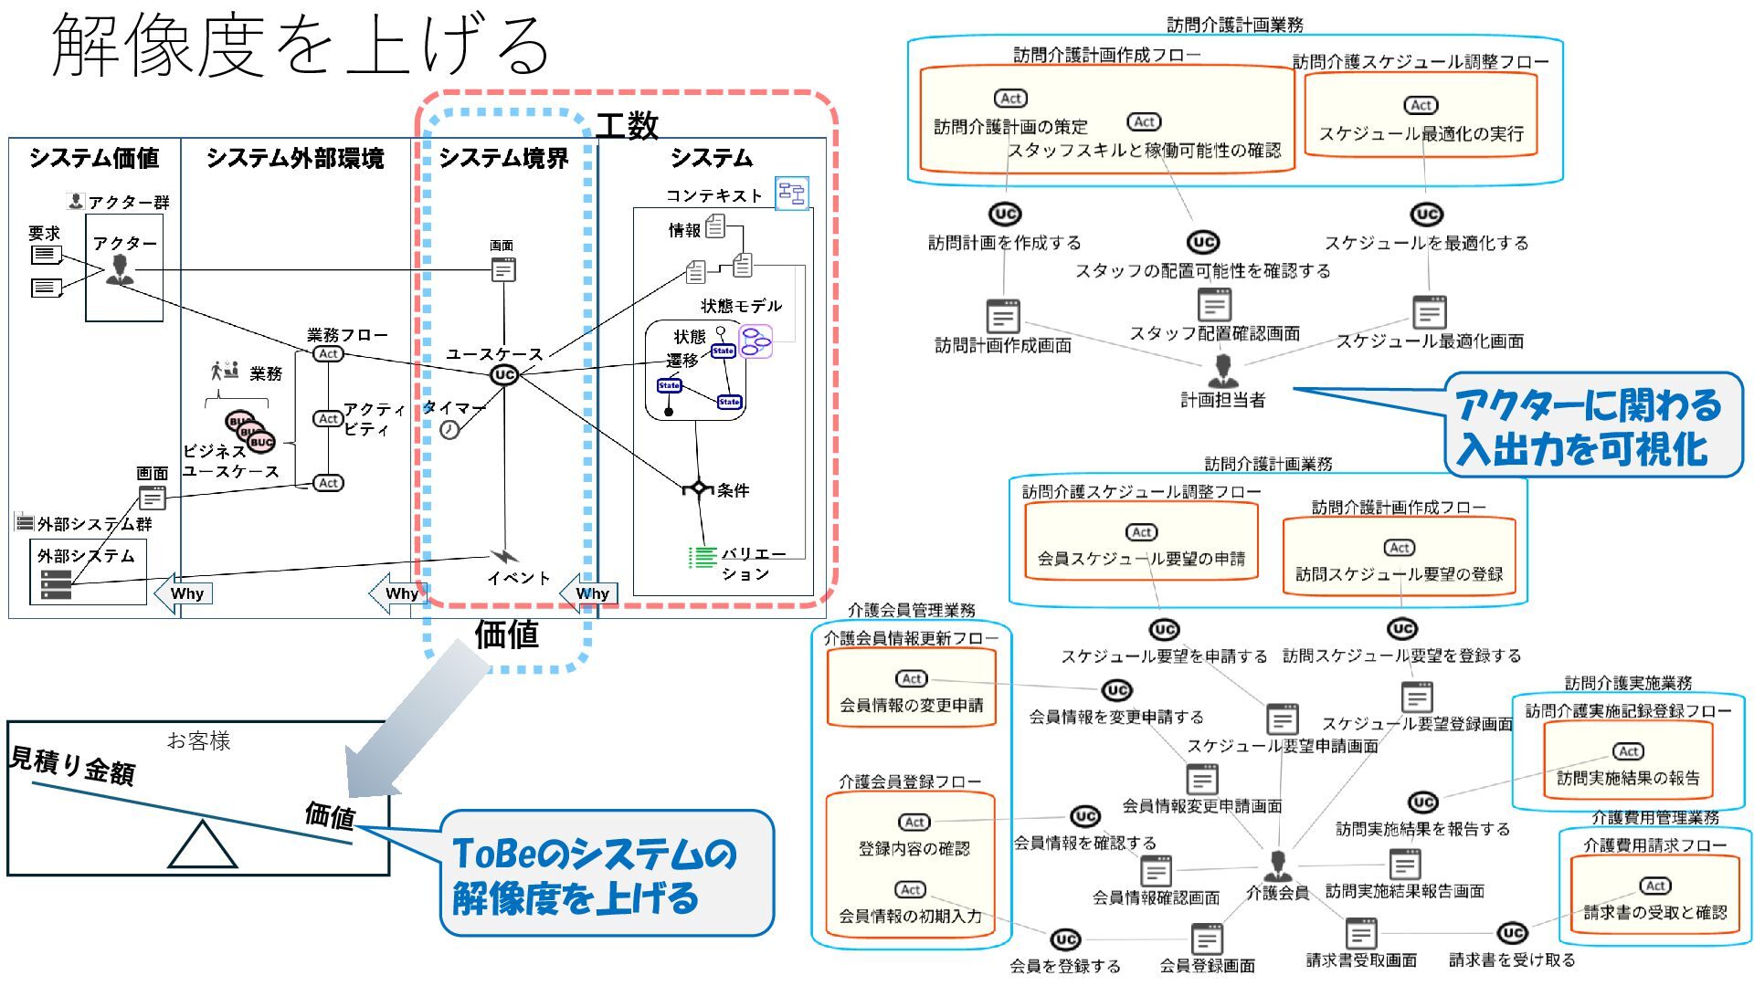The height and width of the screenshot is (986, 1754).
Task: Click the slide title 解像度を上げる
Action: [301, 46]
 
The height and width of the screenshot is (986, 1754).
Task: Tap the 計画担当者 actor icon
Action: [1222, 371]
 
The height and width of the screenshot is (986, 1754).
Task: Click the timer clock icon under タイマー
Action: [449, 430]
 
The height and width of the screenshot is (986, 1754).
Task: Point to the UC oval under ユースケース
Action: [503, 374]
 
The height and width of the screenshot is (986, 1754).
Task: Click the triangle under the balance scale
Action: [203, 845]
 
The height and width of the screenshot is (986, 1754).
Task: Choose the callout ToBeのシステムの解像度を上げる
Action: [607, 874]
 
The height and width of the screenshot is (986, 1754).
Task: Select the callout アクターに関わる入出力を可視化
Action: [1591, 425]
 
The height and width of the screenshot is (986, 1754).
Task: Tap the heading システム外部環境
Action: [294, 159]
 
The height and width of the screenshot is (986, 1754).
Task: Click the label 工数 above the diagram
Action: [627, 125]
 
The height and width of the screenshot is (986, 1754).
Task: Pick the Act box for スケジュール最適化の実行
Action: [1421, 106]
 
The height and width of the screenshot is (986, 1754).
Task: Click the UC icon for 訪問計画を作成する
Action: [1005, 215]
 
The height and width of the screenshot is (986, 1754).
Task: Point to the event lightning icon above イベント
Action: [503, 555]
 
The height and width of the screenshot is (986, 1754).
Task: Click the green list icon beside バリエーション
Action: [703, 557]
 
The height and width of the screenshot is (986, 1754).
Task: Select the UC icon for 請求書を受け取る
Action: [1512, 933]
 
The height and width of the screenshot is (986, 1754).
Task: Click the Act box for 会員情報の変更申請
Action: [912, 679]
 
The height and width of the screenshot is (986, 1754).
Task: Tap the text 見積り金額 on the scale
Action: [73, 765]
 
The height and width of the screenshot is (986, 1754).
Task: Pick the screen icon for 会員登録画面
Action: [1207, 939]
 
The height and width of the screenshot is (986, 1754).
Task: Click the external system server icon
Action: [56, 585]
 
